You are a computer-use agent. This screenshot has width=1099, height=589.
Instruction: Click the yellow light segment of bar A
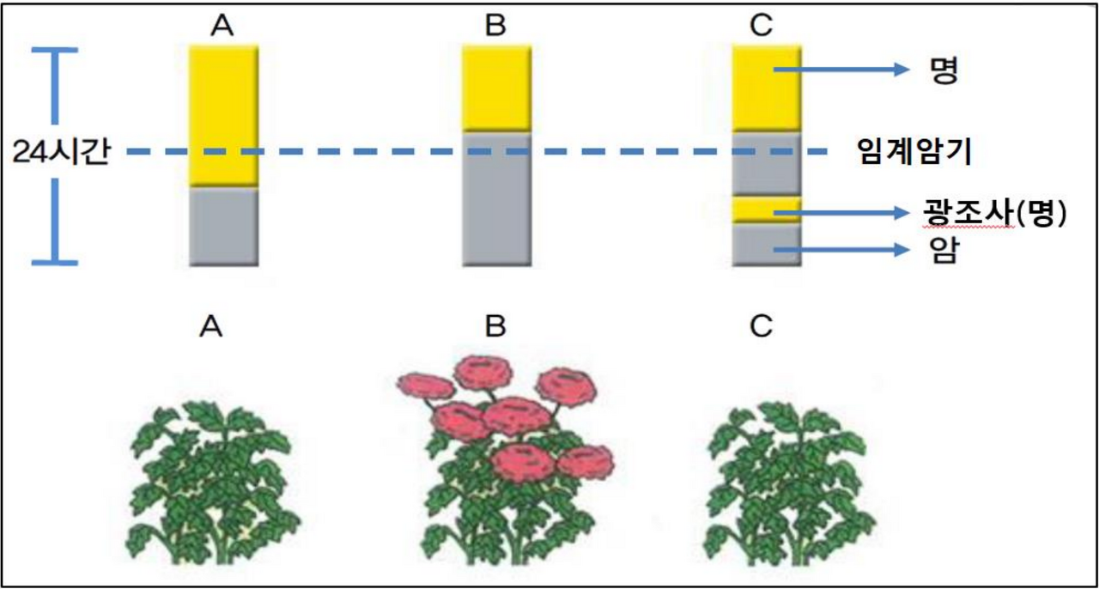point(223,116)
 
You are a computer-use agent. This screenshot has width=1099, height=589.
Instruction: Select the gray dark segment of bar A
point(223,226)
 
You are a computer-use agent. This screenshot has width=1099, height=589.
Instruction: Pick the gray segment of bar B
point(496,197)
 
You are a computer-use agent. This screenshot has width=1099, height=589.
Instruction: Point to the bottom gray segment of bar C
point(767,245)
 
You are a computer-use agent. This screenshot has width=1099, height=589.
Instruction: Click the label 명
point(942,71)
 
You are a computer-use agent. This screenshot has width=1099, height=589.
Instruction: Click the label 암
point(943,252)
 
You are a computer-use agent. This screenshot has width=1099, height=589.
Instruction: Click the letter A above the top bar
point(223,27)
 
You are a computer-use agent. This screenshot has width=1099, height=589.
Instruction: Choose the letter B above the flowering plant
point(495,326)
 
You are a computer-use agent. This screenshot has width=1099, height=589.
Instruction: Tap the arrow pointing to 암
point(841,250)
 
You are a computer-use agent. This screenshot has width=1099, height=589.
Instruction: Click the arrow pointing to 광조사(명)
point(841,212)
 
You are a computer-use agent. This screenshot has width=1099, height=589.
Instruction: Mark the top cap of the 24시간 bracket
point(56,51)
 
